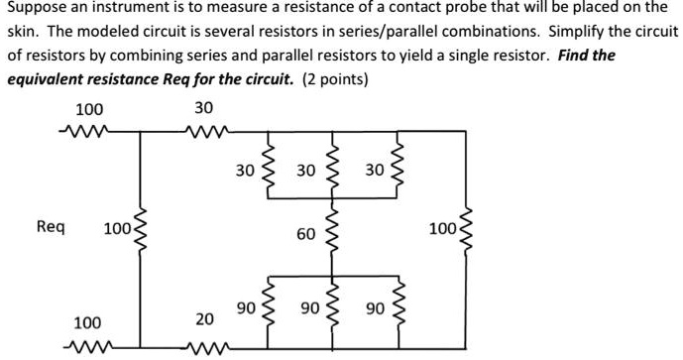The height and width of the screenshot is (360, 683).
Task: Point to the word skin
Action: [x=24, y=32]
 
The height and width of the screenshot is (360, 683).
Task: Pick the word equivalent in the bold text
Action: [x=48, y=77]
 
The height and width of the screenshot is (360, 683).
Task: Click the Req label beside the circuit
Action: [x=51, y=227]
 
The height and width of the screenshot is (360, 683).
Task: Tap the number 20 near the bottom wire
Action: [x=203, y=318]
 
